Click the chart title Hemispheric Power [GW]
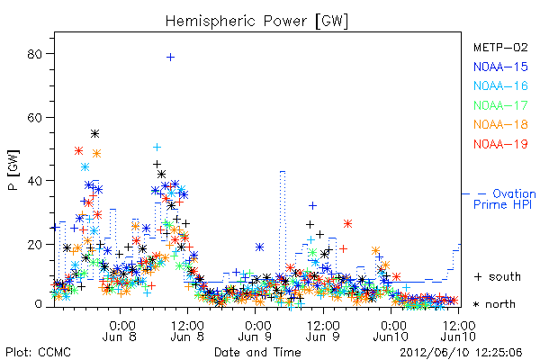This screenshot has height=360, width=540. [256, 22]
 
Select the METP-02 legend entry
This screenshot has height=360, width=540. [500, 47]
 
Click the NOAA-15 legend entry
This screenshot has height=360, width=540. [500, 67]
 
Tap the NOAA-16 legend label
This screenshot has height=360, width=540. [500, 85]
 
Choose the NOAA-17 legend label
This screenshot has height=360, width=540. [500, 105]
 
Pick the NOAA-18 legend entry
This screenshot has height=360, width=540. [500, 124]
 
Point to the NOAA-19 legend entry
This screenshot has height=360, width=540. [500, 144]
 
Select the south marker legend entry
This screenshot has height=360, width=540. [498, 276]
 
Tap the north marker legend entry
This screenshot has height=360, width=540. [494, 304]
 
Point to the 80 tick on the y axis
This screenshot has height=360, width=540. [34, 54]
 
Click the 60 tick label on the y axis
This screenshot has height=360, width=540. [34, 118]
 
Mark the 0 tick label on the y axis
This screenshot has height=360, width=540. [38, 304]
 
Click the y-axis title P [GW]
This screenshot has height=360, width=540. [13, 170]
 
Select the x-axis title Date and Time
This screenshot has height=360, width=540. [257, 352]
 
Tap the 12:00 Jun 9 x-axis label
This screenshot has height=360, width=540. [323, 330]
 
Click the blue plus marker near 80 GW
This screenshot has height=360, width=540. [170, 58]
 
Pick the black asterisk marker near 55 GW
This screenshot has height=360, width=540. [95, 134]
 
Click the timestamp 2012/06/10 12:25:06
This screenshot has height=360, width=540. [461, 352]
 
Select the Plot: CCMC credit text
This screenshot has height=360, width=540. [38, 352]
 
